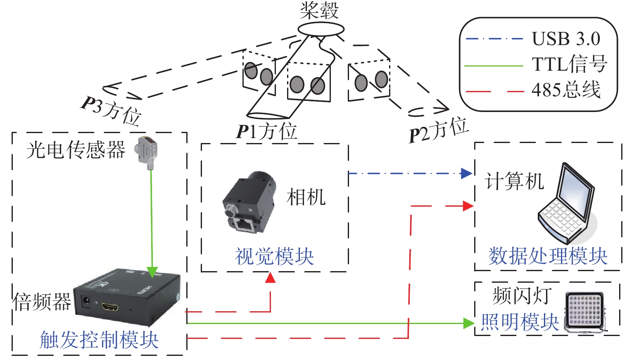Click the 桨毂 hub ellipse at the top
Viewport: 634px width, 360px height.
[x=321, y=29]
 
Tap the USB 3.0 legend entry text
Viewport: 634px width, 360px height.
[x=566, y=39]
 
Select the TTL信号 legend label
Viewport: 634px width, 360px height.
[x=569, y=64]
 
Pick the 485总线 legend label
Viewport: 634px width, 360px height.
[x=566, y=90]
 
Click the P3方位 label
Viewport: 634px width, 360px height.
[x=111, y=110]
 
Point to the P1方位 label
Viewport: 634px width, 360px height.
[x=266, y=131]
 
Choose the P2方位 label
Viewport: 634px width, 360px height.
[x=439, y=130]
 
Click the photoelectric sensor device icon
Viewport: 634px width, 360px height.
[x=147, y=151]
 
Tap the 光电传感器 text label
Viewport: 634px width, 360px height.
[x=76, y=150]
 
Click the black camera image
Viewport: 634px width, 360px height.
[x=249, y=203]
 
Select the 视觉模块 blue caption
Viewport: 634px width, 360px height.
[x=274, y=256]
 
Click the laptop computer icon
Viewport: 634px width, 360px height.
[x=568, y=204]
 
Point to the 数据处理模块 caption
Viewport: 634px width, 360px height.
[x=548, y=256]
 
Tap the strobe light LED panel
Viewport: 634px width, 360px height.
[x=584, y=311]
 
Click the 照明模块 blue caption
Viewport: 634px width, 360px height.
[x=520, y=322]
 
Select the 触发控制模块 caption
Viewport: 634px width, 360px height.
[x=99, y=340]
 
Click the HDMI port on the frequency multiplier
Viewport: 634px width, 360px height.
[x=110, y=307]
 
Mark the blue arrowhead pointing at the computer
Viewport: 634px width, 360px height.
[x=467, y=173]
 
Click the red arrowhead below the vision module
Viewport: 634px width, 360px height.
[x=270, y=278]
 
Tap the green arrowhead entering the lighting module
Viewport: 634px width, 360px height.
[x=469, y=323]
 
